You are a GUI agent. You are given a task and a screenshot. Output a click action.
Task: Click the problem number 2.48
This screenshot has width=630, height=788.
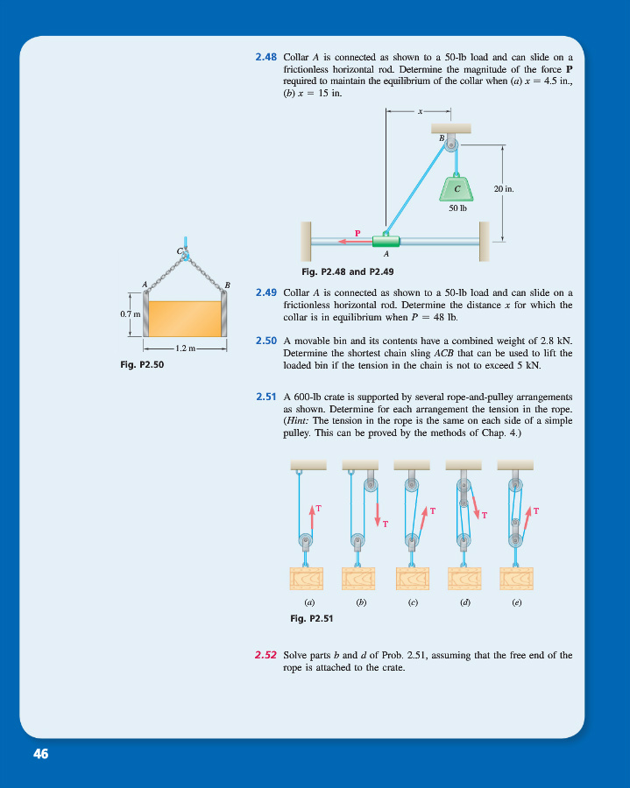click(x=266, y=57)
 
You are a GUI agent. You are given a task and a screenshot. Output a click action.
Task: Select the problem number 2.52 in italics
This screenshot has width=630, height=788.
click(x=266, y=655)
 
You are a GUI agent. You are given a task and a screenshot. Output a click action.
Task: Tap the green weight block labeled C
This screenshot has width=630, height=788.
click(x=457, y=187)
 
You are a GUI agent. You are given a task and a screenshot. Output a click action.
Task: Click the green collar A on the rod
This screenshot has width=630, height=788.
click(x=386, y=241)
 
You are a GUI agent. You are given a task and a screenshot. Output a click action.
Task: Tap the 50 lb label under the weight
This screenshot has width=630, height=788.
click(x=457, y=208)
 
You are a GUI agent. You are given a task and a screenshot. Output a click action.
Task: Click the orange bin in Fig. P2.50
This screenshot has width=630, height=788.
click(x=184, y=319)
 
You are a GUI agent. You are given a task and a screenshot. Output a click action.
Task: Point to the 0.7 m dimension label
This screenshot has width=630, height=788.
click(x=130, y=313)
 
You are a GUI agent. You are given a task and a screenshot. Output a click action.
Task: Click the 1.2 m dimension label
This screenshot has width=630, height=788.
click(x=184, y=348)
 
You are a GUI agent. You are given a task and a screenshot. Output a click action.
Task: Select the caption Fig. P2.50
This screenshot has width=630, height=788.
click(x=143, y=365)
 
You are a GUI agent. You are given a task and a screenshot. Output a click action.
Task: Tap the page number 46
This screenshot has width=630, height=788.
click(x=41, y=754)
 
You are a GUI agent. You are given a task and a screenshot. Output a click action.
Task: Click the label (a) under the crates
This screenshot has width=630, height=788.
click(x=308, y=602)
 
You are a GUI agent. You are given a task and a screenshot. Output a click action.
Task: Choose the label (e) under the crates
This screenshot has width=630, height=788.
click(x=516, y=602)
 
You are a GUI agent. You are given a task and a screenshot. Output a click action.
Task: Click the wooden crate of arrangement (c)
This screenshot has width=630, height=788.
click(x=412, y=579)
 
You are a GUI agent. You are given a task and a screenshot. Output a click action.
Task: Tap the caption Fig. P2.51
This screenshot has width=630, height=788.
click(x=311, y=618)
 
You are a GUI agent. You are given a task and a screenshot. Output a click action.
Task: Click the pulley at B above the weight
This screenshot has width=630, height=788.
click(x=451, y=144)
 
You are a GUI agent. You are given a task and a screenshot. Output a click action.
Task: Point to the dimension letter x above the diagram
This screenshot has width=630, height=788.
click(x=419, y=111)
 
